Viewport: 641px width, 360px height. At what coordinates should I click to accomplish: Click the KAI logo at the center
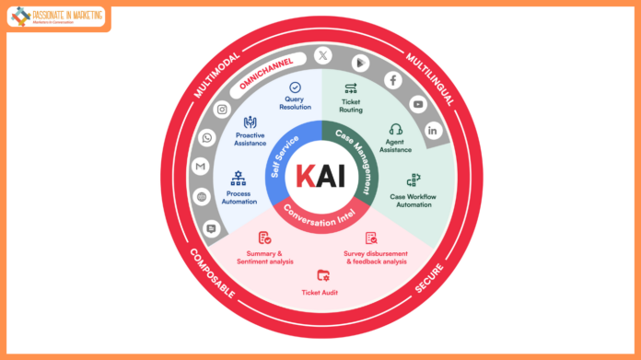(321, 176)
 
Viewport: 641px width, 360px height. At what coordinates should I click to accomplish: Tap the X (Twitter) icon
(322, 56)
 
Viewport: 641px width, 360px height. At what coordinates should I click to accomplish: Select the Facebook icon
(393, 80)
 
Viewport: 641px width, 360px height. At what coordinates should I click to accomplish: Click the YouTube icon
(418, 104)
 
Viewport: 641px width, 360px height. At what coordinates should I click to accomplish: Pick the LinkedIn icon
(433, 130)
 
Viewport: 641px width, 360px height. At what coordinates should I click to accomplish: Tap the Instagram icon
(222, 109)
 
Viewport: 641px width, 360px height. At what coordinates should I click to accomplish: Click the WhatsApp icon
(207, 137)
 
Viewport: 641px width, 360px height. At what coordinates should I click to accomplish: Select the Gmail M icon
(200, 167)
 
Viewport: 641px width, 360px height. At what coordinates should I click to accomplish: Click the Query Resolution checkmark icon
(295, 87)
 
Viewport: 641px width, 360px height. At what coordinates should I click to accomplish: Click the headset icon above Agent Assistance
(396, 130)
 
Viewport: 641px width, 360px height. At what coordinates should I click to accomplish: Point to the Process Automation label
(238, 199)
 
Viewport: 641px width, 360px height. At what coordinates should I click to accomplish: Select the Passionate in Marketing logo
(57, 17)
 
